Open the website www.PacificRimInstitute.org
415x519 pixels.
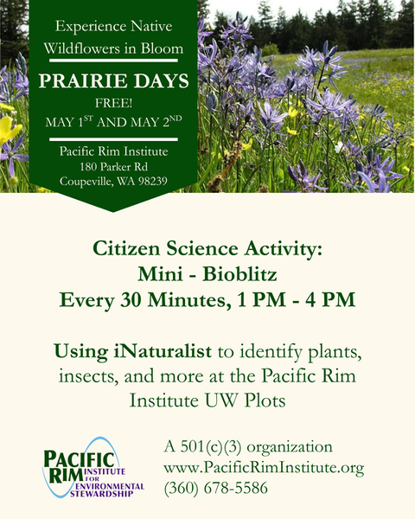click(263, 468)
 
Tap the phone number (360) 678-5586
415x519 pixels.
click(216, 488)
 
